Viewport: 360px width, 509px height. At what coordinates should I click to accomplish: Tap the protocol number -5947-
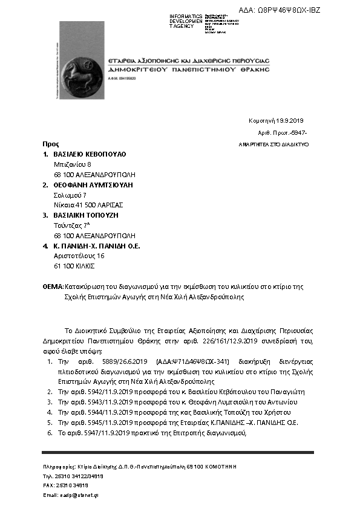pos(299,132)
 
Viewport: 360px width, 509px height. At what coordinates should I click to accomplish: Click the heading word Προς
pos(50,144)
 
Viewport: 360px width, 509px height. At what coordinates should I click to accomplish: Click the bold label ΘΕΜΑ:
pos(53,286)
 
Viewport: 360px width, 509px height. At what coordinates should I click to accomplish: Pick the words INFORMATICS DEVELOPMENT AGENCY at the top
pos(186,21)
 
